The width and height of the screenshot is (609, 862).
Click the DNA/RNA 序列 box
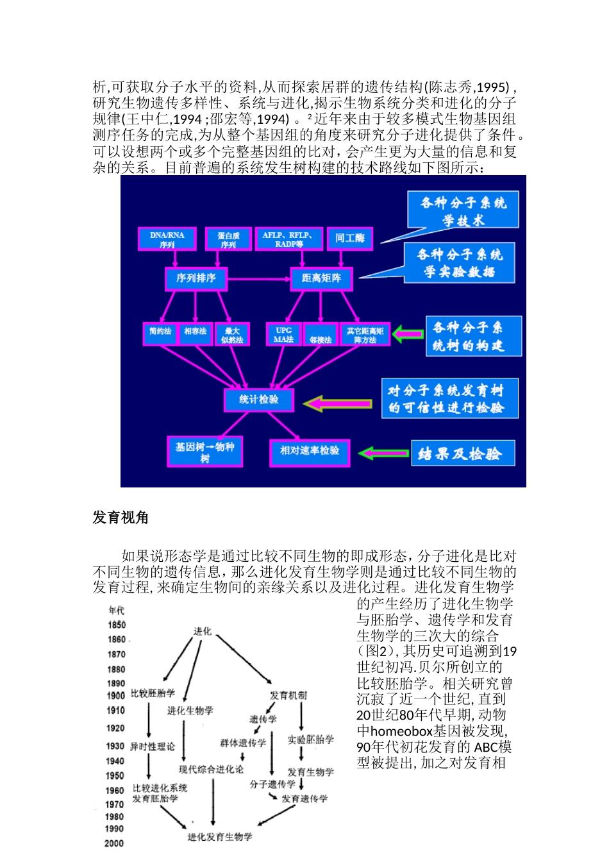167,239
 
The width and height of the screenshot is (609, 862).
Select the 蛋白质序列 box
228,239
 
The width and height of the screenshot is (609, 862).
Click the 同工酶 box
349,239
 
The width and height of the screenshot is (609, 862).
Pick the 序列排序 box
196,278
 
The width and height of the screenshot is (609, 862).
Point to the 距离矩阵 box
321,278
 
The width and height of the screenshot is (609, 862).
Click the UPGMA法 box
283,335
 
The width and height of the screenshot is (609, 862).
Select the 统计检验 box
259,400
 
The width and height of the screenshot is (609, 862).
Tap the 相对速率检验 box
310,452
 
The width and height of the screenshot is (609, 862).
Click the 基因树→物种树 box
204,452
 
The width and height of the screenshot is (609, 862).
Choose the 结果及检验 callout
463,454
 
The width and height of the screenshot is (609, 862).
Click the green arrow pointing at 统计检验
337,403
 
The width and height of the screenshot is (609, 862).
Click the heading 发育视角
121,518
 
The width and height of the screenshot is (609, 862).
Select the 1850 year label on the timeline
117,625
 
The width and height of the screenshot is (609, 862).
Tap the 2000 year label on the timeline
114,843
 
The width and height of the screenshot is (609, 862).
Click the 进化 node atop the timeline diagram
203,632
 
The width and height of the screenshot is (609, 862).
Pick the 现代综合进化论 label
211,769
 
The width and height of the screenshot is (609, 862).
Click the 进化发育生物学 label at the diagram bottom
220,837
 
